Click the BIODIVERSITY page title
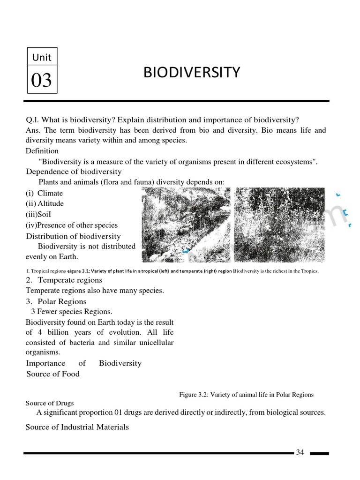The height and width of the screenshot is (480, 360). [191, 72]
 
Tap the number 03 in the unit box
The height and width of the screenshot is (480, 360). [41, 81]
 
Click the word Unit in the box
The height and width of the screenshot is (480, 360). [42, 58]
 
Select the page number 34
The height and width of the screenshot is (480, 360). [300, 452]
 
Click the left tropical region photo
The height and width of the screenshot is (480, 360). [186, 225]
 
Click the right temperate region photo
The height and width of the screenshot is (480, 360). [279, 225]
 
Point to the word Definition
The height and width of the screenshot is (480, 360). [42, 151]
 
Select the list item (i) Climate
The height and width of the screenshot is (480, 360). [45, 193]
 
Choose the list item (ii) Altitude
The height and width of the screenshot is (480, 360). [45, 203]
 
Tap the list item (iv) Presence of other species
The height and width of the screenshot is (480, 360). [72, 225]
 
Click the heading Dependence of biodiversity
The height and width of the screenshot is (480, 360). [74, 172]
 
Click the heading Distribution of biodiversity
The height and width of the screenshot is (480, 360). [73, 236]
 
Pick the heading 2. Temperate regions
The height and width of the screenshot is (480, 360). [64, 280]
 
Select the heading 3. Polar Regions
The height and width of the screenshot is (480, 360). [56, 301]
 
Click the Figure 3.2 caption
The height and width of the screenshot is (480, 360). [246, 395]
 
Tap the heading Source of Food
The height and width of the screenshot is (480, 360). [53, 374]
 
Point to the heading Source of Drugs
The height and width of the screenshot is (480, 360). [49, 403]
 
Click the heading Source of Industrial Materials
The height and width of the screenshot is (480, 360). [77, 427]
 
